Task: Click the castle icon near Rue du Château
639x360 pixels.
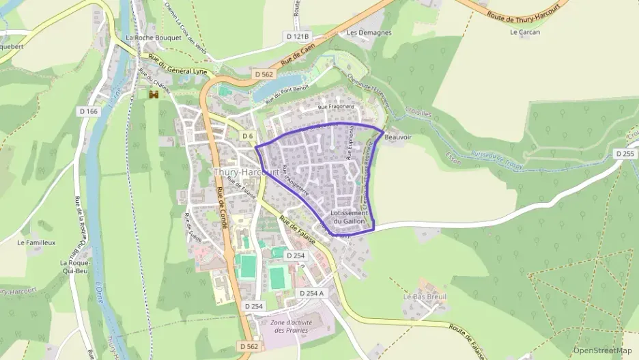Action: point(154,94)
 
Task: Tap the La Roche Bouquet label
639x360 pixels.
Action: point(154,38)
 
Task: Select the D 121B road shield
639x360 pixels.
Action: point(298,36)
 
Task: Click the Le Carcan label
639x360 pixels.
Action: point(525,32)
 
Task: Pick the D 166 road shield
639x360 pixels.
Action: point(89,111)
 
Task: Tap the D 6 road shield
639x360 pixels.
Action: point(248,137)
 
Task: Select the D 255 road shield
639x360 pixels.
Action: point(625,154)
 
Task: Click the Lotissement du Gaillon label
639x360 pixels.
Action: point(349,217)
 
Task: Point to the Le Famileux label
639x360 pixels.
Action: point(36,242)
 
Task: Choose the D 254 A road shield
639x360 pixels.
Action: point(312,293)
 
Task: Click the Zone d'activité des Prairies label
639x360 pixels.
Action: point(289,326)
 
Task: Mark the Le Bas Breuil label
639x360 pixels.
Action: point(424,297)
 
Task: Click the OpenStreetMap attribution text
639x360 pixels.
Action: point(602,350)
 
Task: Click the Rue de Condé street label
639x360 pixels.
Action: point(222,208)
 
